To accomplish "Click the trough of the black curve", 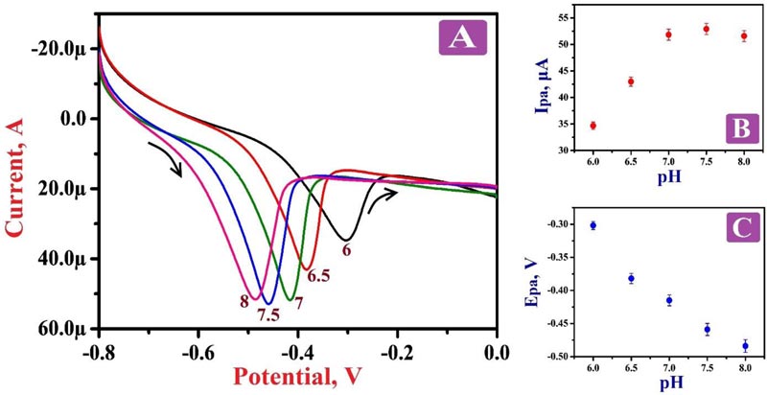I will (346, 239).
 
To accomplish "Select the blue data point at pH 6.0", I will (593, 225).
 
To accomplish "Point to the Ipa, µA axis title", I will (544, 82).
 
